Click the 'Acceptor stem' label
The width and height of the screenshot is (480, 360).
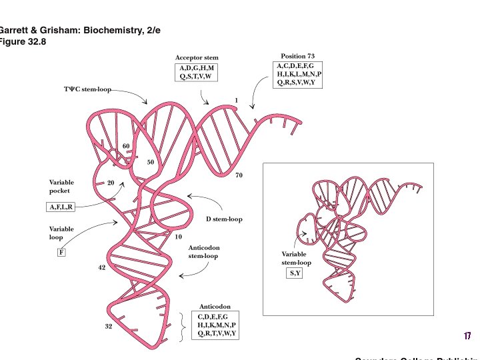197,58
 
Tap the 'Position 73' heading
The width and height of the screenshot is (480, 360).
297,56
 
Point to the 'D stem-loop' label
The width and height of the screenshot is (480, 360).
223,219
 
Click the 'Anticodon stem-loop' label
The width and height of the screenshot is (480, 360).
203,251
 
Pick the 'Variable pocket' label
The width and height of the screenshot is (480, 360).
61,186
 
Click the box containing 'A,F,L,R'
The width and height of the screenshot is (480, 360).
61,207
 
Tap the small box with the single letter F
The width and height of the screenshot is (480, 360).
61,253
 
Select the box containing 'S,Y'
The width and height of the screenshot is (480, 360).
295,273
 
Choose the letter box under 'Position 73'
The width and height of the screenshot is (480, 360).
299,74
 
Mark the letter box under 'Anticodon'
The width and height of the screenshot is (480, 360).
217,325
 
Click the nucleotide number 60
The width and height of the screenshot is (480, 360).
126,146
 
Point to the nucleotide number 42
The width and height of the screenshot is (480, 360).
102,267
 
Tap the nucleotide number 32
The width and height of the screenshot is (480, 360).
108,327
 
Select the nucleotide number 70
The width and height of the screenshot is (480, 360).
239,175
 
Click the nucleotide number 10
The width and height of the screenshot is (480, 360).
178,237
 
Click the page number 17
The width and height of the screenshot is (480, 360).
467,335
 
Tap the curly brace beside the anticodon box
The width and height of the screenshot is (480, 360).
183,325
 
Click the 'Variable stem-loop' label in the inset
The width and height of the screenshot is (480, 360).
296,258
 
